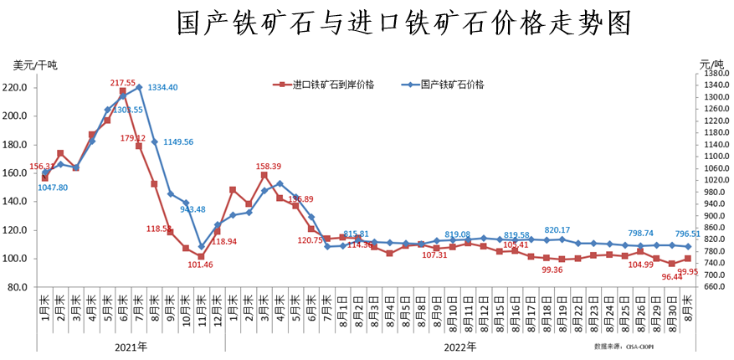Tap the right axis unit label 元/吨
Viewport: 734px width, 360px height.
click(x=711, y=65)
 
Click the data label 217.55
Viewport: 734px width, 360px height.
click(x=123, y=83)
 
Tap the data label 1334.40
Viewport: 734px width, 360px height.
click(x=162, y=88)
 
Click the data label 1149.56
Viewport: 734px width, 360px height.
click(x=177, y=142)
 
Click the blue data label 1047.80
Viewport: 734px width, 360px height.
click(x=53, y=188)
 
